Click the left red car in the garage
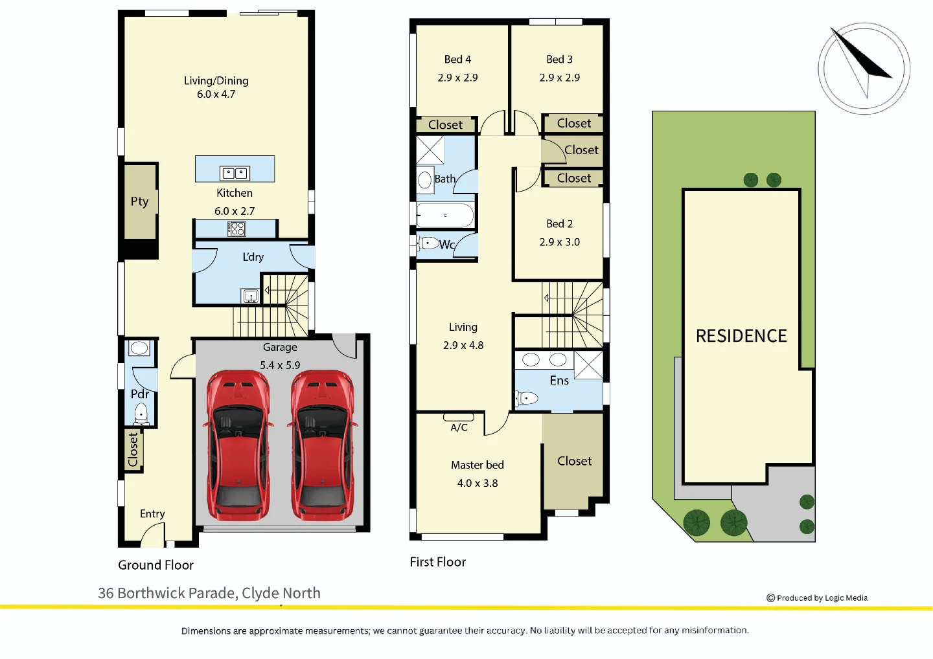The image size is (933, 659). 238,445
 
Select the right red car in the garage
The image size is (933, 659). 323,445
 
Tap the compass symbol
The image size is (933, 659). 864,69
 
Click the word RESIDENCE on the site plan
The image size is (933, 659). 741,336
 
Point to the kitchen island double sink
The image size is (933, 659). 235,173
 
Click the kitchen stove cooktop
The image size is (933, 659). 236,229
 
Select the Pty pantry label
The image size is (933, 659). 139,201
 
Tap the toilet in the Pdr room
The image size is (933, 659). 141,413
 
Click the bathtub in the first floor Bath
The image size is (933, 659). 445,215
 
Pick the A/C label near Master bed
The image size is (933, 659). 459,427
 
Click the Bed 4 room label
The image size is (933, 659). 457,60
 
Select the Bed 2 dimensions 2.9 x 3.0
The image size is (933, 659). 559,242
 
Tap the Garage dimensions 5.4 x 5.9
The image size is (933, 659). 280,365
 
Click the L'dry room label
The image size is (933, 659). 253,257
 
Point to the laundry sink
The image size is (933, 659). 251,296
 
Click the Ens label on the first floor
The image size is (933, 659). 559,381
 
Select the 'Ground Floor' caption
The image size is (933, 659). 155,565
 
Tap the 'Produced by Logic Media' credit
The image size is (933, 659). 817,598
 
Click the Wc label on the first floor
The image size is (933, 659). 447,245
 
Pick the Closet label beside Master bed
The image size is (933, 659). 574,461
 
